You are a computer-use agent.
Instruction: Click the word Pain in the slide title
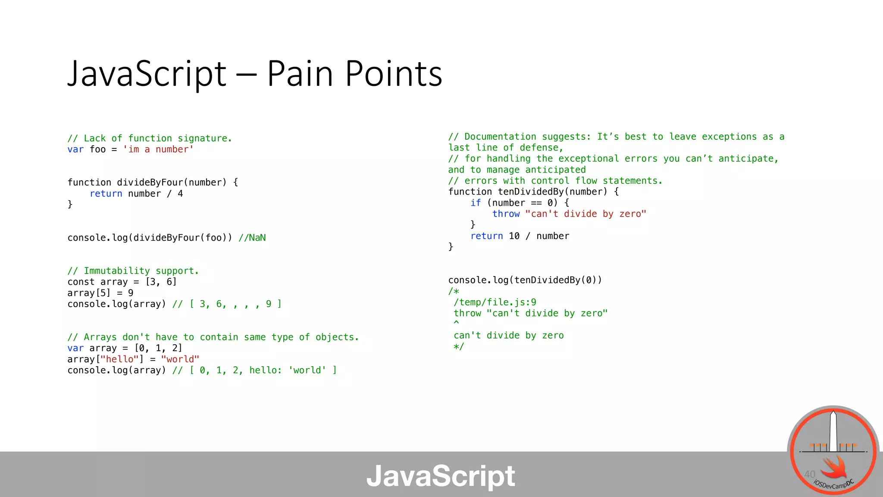[300, 73]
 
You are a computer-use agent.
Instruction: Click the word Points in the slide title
[394, 73]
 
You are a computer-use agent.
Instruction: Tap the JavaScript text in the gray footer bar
[441, 476]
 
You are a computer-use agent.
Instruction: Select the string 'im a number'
[158, 149]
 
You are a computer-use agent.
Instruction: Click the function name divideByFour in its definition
[150, 182]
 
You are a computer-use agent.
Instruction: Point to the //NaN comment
[252, 238]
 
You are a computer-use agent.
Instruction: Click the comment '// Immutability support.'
[133, 271]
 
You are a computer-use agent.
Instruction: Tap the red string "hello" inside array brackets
[119, 359]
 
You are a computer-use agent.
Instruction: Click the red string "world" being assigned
[180, 359]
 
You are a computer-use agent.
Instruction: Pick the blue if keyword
[476, 203]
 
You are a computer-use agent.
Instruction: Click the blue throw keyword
[506, 214]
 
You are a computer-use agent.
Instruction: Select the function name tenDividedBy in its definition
[531, 192]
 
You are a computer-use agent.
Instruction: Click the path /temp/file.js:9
[495, 302]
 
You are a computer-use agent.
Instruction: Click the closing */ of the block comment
[459, 347]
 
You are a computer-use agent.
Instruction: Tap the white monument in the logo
[833, 431]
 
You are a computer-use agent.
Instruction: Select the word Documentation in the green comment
[500, 137]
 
